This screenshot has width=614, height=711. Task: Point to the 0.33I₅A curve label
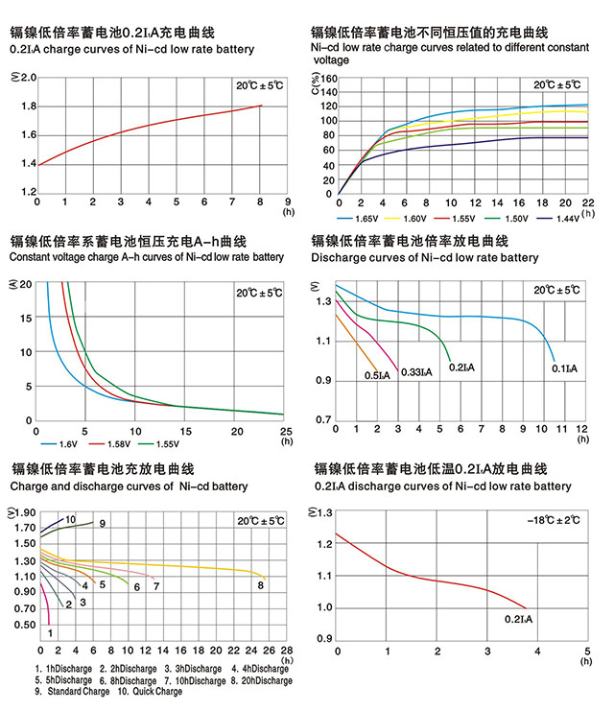point(415,371)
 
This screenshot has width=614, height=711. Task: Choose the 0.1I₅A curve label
point(565,367)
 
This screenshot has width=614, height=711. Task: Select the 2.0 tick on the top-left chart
point(29,79)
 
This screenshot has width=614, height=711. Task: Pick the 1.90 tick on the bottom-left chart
point(25,513)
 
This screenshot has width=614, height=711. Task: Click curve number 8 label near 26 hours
point(260,584)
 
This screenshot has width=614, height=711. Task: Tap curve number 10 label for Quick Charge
point(70,519)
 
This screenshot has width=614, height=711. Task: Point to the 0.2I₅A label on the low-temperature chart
point(518,620)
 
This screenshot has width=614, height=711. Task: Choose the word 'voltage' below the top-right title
point(331,59)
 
